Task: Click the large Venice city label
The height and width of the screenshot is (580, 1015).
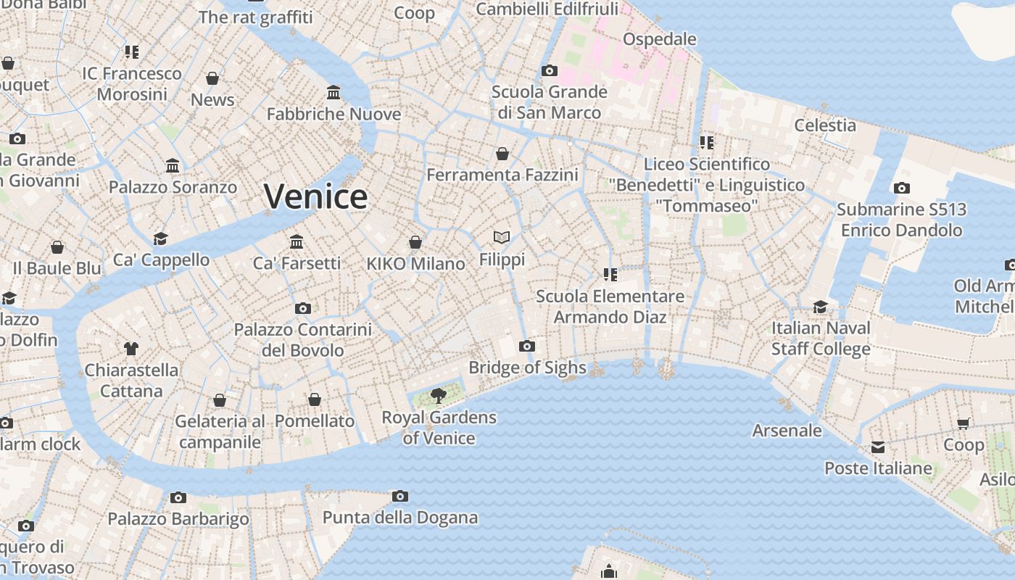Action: point(315,196)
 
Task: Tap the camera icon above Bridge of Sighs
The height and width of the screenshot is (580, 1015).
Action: point(527,347)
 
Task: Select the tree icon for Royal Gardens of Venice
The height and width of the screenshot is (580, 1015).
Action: point(438,395)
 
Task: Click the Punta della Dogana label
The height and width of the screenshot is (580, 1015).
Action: point(399,518)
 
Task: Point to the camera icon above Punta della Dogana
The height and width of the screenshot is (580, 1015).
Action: point(399,497)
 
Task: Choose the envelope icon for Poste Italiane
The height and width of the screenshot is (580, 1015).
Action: point(878,447)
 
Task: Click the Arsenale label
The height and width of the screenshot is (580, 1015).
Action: point(787,431)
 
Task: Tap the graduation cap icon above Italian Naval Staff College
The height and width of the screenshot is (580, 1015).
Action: point(820,307)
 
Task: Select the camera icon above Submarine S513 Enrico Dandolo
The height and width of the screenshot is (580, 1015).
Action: point(901,188)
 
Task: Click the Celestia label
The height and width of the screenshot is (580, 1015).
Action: point(825,125)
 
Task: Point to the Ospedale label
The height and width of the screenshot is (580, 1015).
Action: point(659,39)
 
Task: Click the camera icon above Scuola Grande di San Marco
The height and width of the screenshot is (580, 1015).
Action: point(549,71)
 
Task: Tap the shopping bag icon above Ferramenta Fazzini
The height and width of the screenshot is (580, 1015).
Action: point(502,154)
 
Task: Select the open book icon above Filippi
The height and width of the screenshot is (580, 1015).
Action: point(502,237)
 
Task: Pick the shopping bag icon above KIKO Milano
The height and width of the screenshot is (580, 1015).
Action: point(415,242)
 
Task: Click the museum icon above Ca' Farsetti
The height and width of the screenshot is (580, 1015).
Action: point(297,241)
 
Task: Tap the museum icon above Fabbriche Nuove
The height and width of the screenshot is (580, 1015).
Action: point(333,93)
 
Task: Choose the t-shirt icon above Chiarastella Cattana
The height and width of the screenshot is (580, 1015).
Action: point(130,349)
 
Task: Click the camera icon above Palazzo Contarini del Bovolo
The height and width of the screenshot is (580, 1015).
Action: point(303,309)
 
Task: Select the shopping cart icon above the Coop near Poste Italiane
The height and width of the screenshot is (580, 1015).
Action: point(963,423)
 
